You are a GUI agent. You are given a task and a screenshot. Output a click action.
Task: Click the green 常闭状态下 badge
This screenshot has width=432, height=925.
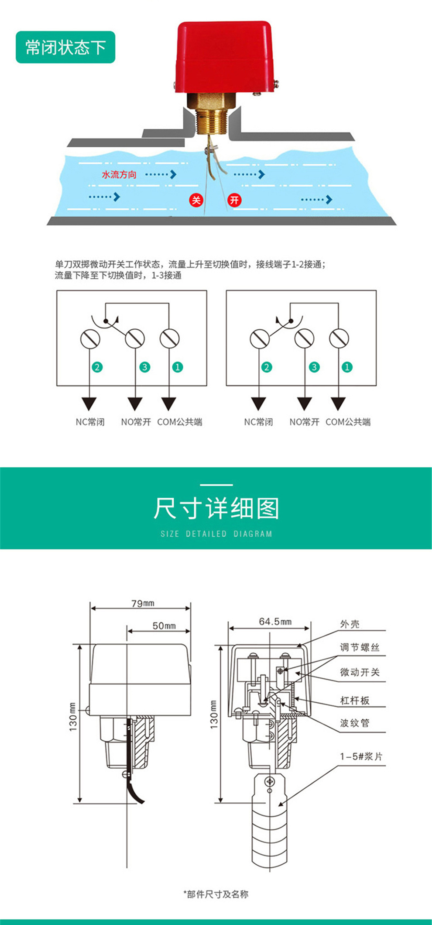point(65,47)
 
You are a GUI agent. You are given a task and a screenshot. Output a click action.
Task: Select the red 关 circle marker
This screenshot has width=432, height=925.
point(196,200)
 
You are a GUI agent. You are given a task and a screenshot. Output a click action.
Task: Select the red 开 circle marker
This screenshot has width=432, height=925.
point(234,200)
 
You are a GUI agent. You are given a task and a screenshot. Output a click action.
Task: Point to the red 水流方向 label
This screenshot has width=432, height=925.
point(119,175)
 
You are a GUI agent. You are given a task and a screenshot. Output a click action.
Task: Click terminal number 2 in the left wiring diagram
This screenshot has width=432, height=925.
point(97,367)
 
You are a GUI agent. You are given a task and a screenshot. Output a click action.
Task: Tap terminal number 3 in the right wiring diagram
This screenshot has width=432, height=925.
point(314,367)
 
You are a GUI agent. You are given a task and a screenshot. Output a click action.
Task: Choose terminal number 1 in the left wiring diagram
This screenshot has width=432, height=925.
point(178,367)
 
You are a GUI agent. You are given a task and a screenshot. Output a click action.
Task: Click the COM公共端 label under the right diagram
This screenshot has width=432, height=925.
point(348,422)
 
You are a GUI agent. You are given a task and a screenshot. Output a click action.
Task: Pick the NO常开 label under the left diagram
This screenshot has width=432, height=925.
point(136,422)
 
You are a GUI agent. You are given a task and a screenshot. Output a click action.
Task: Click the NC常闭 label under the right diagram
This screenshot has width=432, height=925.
point(258,422)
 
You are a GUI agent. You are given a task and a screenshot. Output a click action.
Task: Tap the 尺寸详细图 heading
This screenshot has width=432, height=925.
point(216,509)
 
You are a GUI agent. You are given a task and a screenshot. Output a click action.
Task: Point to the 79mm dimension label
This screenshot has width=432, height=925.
point(143,603)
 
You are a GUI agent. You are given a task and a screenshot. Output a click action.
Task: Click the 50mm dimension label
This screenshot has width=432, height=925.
point(164,626)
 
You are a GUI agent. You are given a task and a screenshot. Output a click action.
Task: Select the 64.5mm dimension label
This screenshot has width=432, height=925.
point(275,621)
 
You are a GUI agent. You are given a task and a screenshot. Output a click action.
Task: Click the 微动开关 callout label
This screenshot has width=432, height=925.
point(360,672)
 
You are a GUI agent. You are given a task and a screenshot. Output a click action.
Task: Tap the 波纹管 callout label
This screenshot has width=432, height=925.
point(355,723)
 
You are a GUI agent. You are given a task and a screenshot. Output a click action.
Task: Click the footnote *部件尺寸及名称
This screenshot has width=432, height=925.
point(216,894)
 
